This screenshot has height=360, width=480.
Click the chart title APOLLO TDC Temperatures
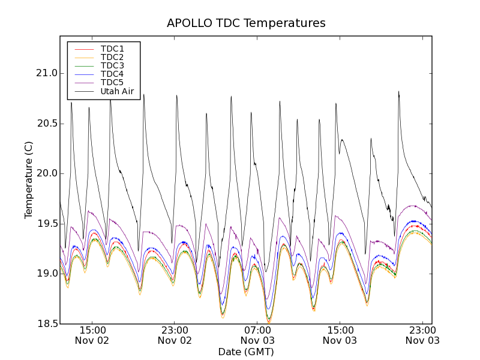click(246, 23)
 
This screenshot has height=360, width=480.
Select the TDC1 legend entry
click(112, 49)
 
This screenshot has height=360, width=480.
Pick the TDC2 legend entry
click(112, 57)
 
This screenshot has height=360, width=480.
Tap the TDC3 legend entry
click(112, 65)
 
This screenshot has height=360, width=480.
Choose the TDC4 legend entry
click(112, 74)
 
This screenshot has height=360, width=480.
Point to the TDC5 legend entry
click(112, 82)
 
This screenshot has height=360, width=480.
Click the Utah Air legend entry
click(117, 91)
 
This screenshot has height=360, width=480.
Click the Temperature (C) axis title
click(29, 180)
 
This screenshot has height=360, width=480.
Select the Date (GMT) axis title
click(246, 352)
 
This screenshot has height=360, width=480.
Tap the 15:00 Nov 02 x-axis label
click(92, 335)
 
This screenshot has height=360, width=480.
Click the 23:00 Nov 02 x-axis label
click(175, 335)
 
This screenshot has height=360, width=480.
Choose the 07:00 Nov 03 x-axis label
click(257, 335)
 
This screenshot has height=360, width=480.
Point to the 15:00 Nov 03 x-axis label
click(340, 335)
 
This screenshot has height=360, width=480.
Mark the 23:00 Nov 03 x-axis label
click(422, 335)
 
